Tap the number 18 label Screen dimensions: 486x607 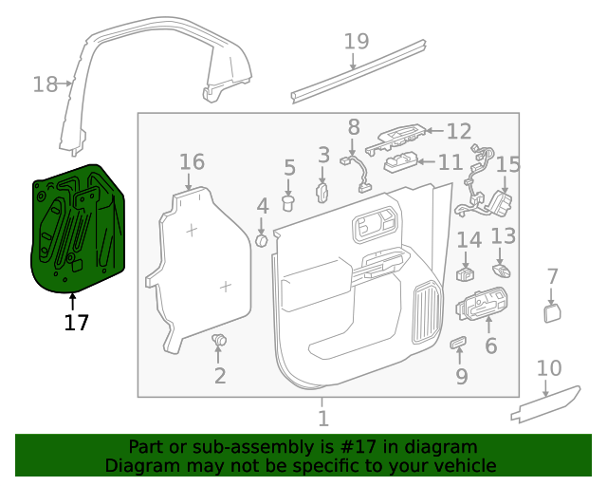(45, 84)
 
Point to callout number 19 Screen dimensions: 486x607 (356, 41)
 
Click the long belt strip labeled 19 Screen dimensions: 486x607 (360, 70)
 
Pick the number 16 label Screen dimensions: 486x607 (192, 161)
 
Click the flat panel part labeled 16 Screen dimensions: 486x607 (199, 266)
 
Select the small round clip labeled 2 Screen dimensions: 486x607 (220, 340)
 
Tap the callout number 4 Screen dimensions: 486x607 (263, 204)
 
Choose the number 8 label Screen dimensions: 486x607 (354, 126)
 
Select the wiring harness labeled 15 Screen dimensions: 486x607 (486, 195)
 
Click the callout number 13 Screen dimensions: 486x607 (503, 235)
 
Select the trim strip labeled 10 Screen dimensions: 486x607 (548, 402)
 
